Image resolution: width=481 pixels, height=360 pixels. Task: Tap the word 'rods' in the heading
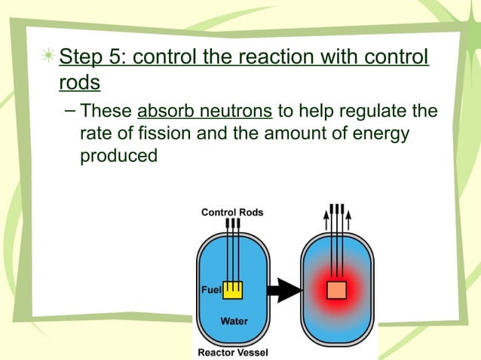tap(79, 82)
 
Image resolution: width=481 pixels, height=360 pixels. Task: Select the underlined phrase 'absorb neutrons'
tap(205, 112)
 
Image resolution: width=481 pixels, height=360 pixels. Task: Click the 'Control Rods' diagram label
tap(232, 212)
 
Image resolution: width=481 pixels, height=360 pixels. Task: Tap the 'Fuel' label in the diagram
tap(210, 290)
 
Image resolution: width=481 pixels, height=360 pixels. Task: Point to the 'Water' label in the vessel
tap(234, 322)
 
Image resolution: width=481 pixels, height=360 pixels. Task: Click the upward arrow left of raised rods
tap(326, 218)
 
